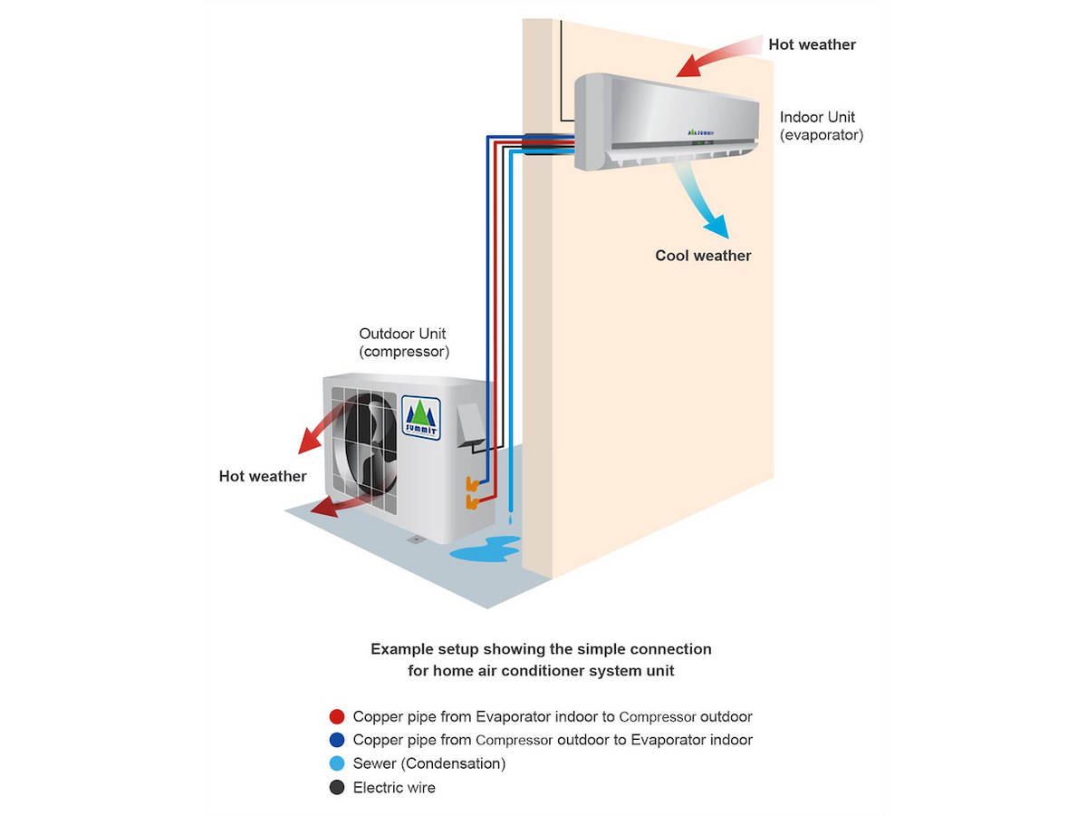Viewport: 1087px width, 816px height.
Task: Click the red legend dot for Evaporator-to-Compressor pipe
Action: tap(337, 716)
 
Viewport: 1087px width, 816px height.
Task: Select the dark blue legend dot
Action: tap(337, 740)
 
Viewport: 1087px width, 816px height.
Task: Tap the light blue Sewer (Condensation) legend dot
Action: tap(337, 763)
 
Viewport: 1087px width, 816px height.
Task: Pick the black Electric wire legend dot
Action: tap(337, 787)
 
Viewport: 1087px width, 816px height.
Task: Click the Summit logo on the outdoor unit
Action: tap(421, 418)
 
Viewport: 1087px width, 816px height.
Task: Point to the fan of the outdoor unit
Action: tap(365, 443)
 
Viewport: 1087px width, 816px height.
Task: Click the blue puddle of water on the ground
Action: tap(486, 549)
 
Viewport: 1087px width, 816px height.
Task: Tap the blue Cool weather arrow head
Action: tap(717, 227)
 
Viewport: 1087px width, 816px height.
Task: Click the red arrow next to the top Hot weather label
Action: tap(719, 55)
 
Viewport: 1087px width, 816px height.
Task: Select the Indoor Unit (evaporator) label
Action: tap(821, 126)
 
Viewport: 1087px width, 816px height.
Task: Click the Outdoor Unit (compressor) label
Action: tap(404, 343)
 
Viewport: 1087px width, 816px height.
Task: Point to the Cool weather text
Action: tap(703, 256)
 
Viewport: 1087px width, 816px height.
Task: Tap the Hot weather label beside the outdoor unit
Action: tap(263, 476)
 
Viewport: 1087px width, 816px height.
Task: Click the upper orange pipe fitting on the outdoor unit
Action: tap(471, 483)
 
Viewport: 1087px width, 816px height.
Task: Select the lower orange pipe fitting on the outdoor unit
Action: tap(472, 502)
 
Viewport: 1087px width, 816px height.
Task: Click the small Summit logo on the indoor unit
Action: tap(701, 132)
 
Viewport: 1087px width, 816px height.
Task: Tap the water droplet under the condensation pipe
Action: tap(510, 520)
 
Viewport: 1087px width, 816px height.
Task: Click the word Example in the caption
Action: tap(400, 649)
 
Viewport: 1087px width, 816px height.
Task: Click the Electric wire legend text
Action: tap(394, 787)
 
